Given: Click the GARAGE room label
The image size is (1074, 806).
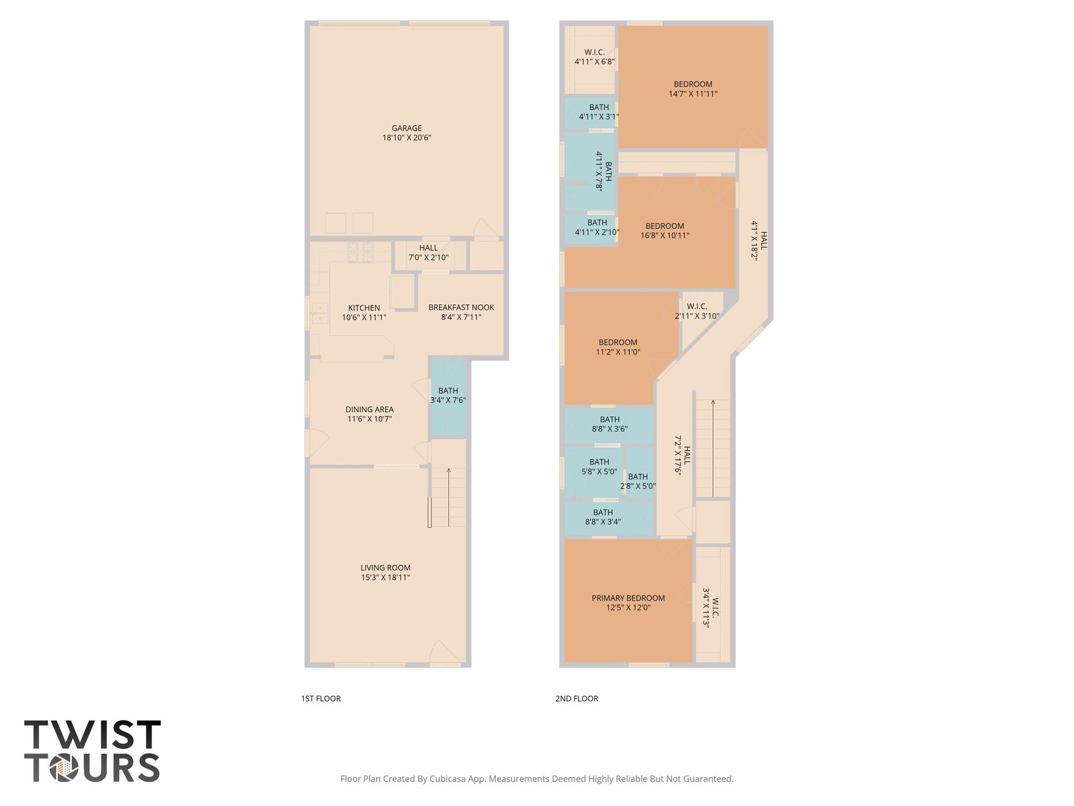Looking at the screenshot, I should [x=406, y=128].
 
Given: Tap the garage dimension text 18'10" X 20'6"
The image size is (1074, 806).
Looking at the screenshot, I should [x=406, y=138].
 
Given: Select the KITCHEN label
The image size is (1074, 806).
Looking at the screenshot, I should [x=364, y=308].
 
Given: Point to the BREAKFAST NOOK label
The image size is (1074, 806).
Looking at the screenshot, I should [x=461, y=307].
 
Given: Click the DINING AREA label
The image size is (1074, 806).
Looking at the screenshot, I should [x=369, y=409].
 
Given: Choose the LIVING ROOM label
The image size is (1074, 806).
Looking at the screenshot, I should [x=385, y=568].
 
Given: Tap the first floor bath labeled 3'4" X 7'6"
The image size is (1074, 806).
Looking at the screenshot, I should [x=448, y=395].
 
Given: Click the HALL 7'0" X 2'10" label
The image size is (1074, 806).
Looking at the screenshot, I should [x=428, y=252].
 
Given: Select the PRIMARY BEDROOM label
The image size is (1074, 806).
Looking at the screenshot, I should [x=628, y=598].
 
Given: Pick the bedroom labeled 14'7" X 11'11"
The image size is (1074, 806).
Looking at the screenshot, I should [x=693, y=89].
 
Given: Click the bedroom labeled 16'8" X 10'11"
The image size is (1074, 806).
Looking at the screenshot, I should [x=664, y=231].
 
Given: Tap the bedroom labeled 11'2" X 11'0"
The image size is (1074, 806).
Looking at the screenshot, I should [x=618, y=347].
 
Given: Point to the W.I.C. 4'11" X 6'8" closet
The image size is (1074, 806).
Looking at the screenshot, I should [x=594, y=57].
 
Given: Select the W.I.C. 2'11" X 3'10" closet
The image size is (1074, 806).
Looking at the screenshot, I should [x=697, y=311].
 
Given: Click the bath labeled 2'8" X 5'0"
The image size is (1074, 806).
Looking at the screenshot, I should [x=638, y=481].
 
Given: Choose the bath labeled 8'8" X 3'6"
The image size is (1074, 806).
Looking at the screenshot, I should [x=609, y=424].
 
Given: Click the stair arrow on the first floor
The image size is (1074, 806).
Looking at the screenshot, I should [x=448, y=496].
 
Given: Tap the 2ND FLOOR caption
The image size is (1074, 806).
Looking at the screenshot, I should [x=576, y=698].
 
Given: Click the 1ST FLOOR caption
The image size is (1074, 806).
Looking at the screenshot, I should [x=320, y=698].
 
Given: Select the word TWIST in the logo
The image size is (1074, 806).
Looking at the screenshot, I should [x=92, y=735].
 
